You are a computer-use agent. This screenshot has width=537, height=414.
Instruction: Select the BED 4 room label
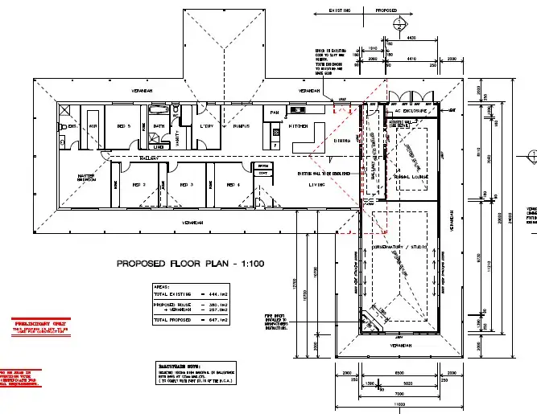233,184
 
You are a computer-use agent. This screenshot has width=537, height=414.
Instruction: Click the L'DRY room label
207,127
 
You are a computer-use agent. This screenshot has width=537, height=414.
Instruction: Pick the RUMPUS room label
239,127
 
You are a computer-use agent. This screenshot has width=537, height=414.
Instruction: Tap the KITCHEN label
299,126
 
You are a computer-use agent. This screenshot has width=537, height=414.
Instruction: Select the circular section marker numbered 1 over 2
399,27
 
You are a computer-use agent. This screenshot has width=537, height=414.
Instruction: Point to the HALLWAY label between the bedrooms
147,158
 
